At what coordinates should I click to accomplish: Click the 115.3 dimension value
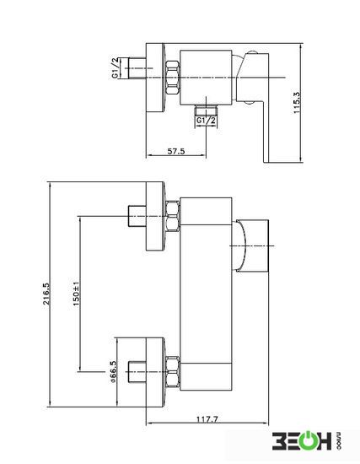click(x=297, y=103)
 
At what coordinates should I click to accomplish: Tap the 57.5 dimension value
click(x=176, y=151)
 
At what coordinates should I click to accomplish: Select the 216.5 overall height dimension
click(x=46, y=294)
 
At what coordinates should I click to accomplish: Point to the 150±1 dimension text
click(x=77, y=294)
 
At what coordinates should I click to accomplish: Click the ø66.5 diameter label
click(x=113, y=372)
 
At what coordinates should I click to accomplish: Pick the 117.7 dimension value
click(x=207, y=419)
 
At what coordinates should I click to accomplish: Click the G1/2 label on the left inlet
click(x=115, y=67)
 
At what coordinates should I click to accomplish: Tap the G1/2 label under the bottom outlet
click(x=207, y=121)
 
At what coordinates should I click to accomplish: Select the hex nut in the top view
click(x=173, y=78)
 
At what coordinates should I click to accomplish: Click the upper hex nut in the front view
click(x=173, y=217)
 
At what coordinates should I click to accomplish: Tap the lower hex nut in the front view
click(x=173, y=372)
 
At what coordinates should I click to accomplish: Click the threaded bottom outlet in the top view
click(x=207, y=110)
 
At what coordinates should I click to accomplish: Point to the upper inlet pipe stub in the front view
click(x=137, y=216)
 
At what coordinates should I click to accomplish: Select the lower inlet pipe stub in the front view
click(x=137, y=372)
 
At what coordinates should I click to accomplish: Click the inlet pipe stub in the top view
click(x=137, y=68)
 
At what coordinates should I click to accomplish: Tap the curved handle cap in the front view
click(x=239, y=245)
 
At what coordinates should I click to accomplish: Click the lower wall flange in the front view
click(x=155, y=372)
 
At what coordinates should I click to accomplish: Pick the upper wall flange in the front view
click(x=155, y=217)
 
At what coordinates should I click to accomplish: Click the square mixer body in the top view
click(x=206, y=78)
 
